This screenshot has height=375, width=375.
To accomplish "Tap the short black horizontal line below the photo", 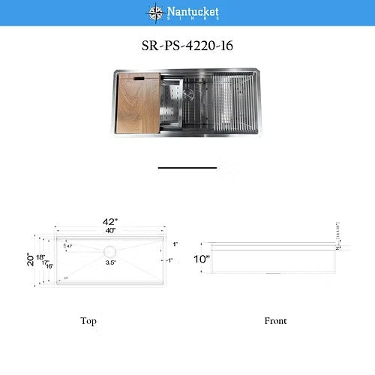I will tap(187, 168).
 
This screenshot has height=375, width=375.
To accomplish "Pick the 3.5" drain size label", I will tap(109, 263).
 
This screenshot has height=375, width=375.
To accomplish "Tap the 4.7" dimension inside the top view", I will tap(69, 246).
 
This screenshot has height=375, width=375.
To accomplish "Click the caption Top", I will tap(88, 321).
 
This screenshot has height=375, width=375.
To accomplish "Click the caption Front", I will tap(275, 321).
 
